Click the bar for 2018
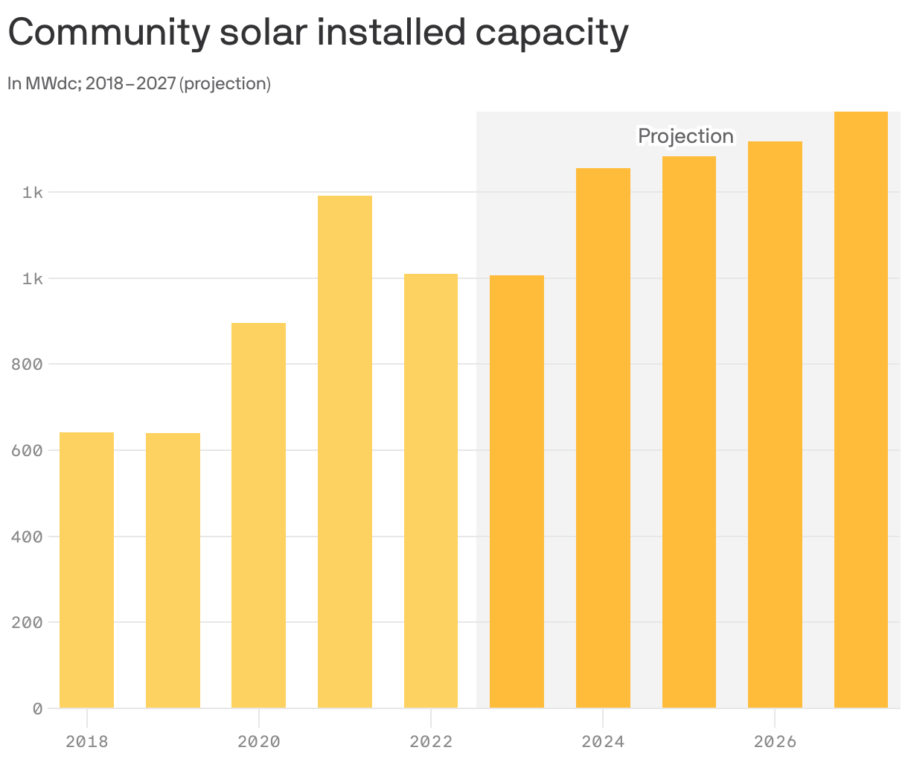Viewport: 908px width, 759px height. tap(86, 570)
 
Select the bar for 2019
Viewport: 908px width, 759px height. tap(173, 570)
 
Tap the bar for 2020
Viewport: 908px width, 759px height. tap(258, 515)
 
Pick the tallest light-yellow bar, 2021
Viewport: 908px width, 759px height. tap(345, 452)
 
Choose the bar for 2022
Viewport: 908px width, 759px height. tap(431, 491)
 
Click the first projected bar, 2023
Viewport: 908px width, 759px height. tap(517, 492)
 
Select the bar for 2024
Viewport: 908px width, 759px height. tap(603, 438)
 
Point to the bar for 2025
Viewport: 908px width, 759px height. tap(689, 432)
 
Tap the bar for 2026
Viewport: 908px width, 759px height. tap(775, 425)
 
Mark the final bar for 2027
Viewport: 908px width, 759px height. tap(861, 410)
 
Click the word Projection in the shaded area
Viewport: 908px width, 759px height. tap(685, 136)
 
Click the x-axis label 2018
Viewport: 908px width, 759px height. tap(86, 742)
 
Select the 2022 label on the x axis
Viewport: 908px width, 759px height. tap(431, 742)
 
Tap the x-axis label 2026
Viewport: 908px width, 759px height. tap(775, 742)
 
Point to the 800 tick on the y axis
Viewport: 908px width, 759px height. tap(27, 365)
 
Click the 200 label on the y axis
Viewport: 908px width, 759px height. tap(27, 622)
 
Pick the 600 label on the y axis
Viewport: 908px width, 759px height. tap(27, 450)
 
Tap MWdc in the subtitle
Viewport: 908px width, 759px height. tap(51, 84)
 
